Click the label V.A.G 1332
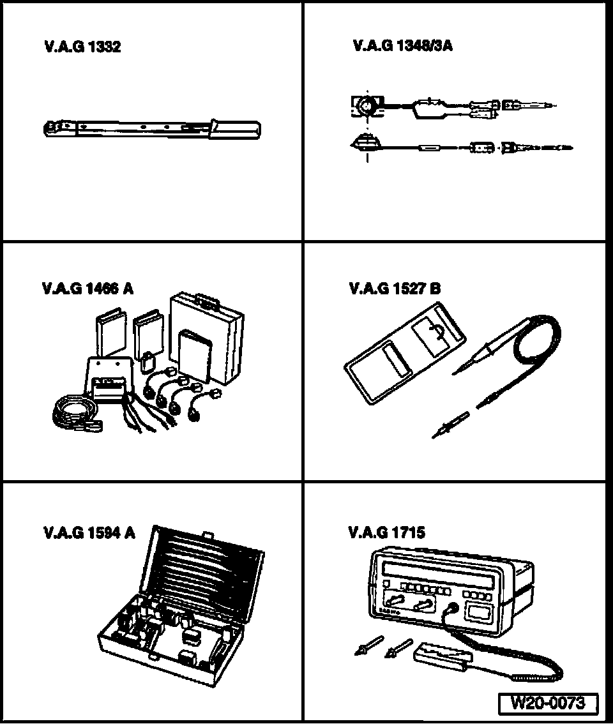[x=82, y=47]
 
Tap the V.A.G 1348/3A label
[x=402, y=46]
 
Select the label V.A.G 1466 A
[x=87, y=289]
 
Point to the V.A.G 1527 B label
[x=395, y=289]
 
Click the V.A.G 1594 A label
[x=89, y=533]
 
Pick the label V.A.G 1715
[x=387, y=532]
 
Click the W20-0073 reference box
[x=549, y=703]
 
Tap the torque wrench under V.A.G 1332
[x=152, y=129]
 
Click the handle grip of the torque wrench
[x=235, y=129]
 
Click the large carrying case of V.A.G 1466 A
[x=207, y=338]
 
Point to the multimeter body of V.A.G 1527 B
[x=404, y=353]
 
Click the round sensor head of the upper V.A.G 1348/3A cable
[x=368, y=106]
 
